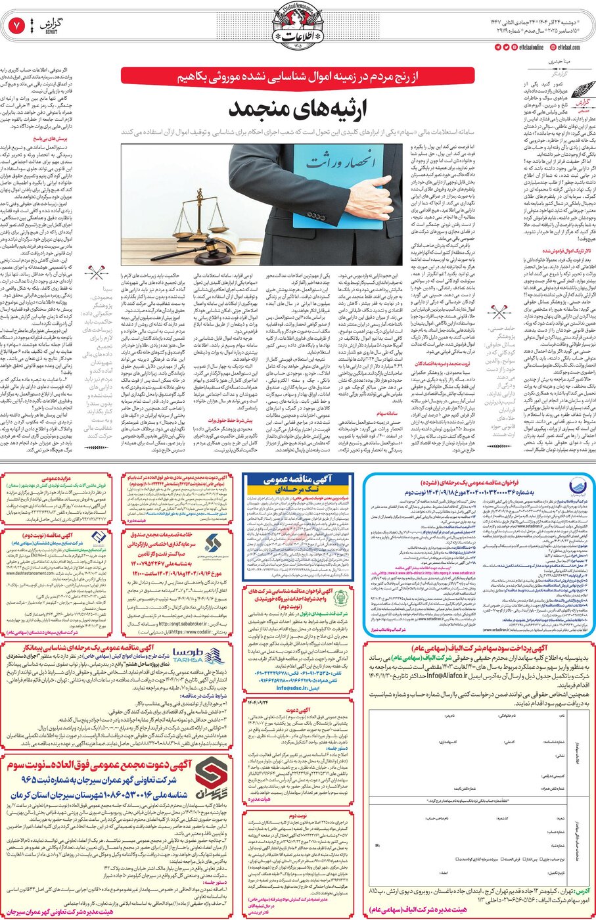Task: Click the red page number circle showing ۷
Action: click(16, 26)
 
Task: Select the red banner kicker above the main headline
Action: click(297, 76)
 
